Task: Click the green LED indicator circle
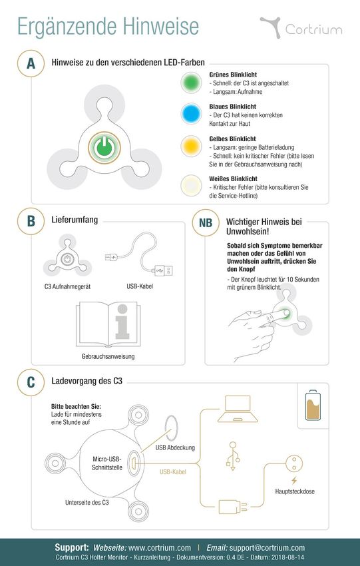point(191,83)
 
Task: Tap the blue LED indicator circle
point(191,114)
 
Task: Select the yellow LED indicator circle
point(191,146)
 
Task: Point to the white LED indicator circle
point(191,186)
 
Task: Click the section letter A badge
point(31,63)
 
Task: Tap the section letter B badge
point(31,221)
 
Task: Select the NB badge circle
point(206,222)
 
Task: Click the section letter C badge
point(31,382)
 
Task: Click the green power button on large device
point(104,148)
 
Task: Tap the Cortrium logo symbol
point(271,27)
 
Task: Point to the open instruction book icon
point(108,324)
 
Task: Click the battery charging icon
point(313,405)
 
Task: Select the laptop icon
point(238,409)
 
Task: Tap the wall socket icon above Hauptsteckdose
point(294,463)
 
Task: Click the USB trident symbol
point(233,456)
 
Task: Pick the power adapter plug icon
point(233,507)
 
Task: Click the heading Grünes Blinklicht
point(233,75)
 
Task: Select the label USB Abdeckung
point(175,447)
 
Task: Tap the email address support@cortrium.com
point(267,547)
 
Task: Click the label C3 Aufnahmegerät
point(67,286)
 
